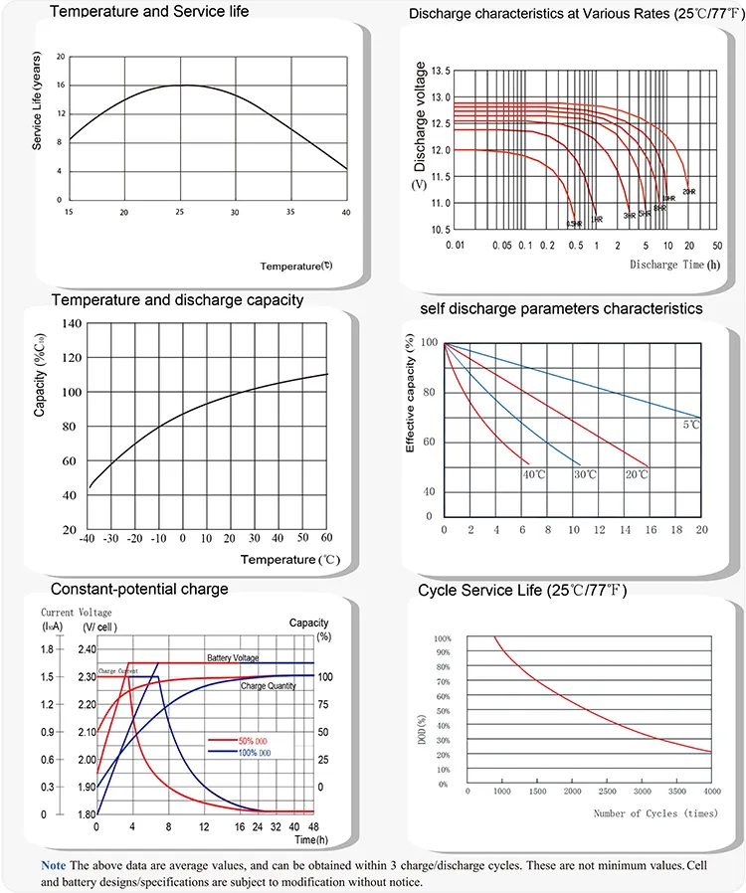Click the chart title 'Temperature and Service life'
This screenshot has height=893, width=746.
pyautogui.click(x=149, y=12)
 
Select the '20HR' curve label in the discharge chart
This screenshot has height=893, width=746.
pyautogui.click(x=688, y=190)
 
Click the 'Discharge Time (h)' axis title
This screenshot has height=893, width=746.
pyautogui.click(x=674, y=265)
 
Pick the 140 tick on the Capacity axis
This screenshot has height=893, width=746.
pyautogui.click(x=70, y=324)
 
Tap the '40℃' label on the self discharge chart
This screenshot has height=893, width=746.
pyautogui.click(x=534, y=474)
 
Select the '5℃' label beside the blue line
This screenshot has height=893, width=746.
pyautogui.click(x=691, y=426)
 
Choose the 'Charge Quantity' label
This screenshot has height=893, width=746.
pyautogui.click(x=269, y=686)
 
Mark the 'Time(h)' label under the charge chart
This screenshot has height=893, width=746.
pyautogui.click(x=299, y=840)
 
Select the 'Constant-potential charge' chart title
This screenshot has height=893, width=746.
pyautogui.click(x=139, y=589)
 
